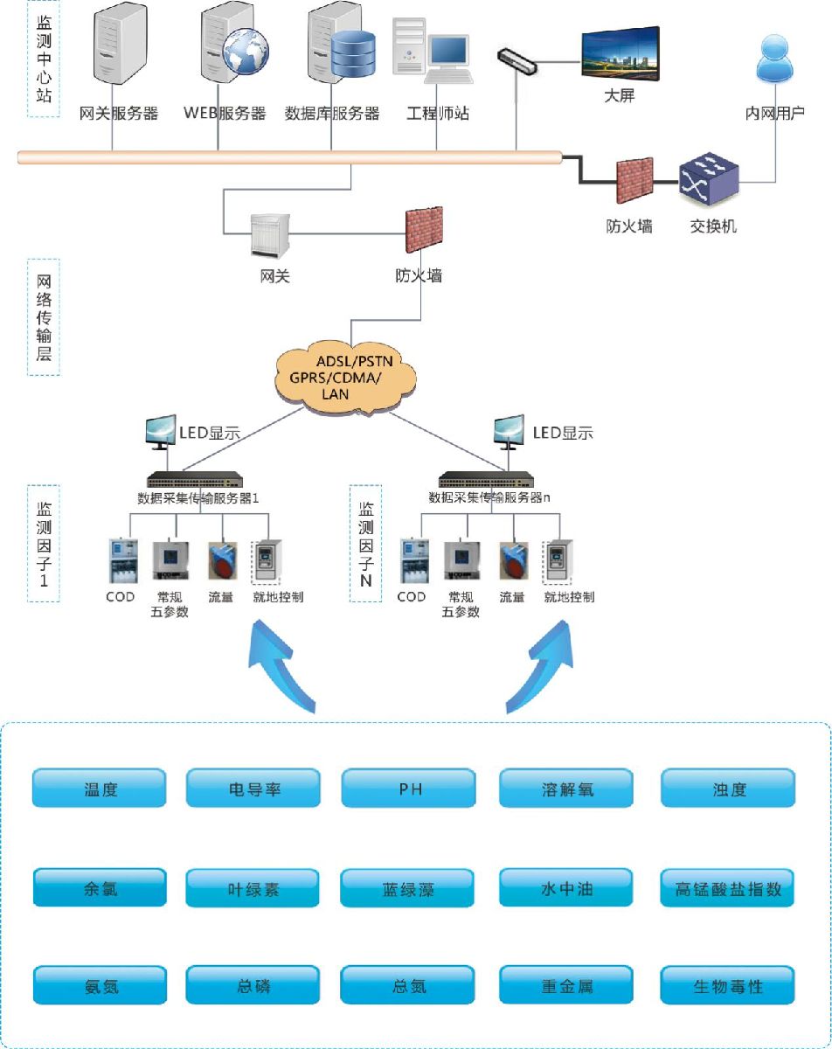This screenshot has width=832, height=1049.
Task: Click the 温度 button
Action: pos(99,788)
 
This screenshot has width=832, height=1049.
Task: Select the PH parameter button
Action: pos(409,788)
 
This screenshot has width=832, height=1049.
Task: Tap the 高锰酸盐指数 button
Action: pos(728,888)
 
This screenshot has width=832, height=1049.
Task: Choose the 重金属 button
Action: pos(565,986)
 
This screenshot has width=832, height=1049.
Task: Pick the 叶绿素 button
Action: pos(253,890)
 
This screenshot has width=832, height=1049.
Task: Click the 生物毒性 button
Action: pos(728,986)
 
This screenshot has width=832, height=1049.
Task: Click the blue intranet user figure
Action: pos(774,61)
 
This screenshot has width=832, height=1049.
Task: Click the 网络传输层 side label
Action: pos(44,316)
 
